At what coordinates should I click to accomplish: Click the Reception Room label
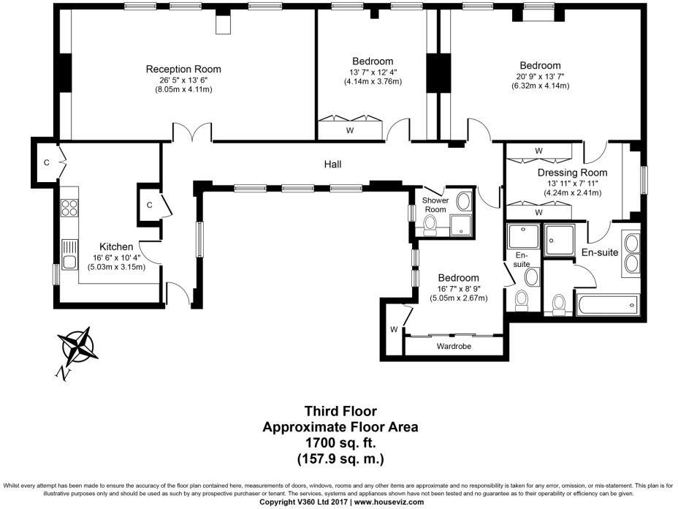[183, 69]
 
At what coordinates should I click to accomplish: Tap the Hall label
[333, 165]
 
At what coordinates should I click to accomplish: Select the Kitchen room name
[116, 246]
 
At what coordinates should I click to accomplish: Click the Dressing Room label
[572, 173]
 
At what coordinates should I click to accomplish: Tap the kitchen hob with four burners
[70, 207]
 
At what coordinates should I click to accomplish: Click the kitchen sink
[70, 257]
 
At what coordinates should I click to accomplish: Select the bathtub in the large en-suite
[607, 305]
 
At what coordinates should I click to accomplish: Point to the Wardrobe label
[452, 345]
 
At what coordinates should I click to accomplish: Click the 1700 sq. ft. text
[340, 443]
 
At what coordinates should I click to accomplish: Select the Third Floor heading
[340, 412]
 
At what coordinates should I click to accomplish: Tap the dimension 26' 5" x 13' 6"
[183, 80]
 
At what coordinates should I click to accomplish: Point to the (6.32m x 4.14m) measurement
[540, 86]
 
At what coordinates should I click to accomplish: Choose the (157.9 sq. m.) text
[340, 459]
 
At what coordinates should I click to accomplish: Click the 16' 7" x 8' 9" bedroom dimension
[458, 289]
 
